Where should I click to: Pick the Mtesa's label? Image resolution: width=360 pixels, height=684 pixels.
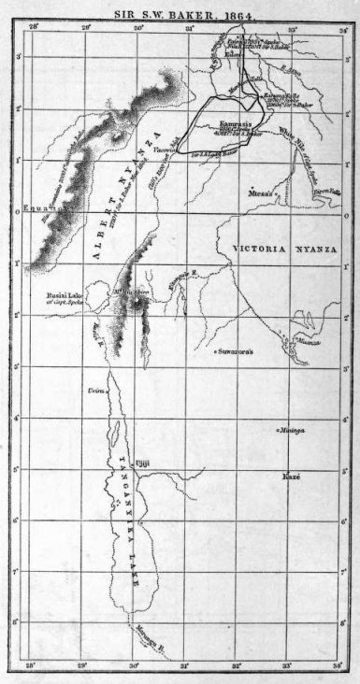click(260, 192)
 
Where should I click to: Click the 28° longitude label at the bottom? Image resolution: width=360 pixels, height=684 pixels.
click(33, 665)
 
